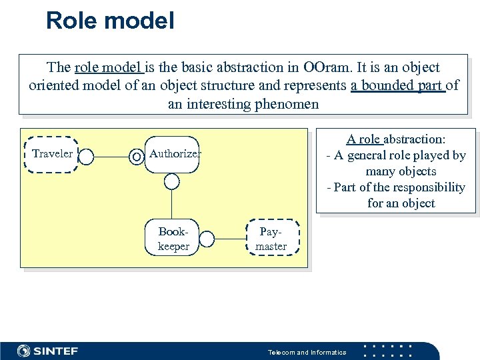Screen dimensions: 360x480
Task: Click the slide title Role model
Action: point(110,20)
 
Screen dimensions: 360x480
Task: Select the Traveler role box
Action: point(52,155)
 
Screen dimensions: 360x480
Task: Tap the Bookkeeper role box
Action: point(173,238)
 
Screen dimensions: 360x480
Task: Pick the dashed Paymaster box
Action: point(271,238)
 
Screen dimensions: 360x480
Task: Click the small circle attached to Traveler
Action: point(86,157)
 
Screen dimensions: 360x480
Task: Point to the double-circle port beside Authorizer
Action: point(137,157)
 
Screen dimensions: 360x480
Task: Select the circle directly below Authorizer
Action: point(172,181)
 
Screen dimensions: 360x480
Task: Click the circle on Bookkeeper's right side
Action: point(207,238)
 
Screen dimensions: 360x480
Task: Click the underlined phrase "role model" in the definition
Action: point(107,67)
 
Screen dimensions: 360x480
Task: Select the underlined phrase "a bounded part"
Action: point(397,85)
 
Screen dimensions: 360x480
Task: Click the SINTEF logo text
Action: point(56,351)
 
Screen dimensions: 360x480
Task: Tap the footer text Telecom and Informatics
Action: point(307,352)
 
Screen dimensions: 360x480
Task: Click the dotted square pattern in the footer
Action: point(390,351)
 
